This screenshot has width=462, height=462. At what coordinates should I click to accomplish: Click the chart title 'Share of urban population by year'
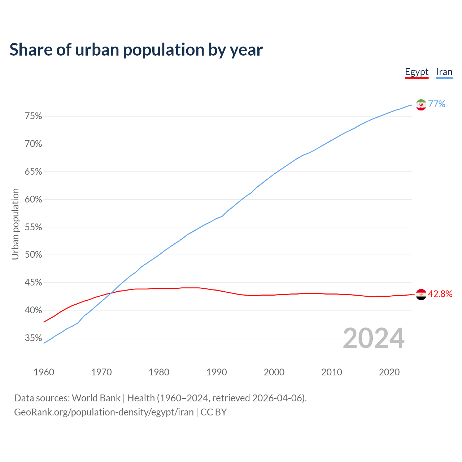point(136,50)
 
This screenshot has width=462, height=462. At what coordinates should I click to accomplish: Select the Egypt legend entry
point(417,72)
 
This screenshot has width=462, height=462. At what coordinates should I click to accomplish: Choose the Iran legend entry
point(444,72)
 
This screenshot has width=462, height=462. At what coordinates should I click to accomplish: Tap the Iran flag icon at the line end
point(421,105)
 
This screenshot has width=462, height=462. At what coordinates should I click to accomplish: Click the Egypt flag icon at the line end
point(421,295)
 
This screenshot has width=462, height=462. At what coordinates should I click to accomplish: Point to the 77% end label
point(437,104)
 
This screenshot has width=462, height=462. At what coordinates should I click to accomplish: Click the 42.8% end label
point(440,294)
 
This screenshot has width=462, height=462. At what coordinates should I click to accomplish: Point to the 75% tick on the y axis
point(33,116)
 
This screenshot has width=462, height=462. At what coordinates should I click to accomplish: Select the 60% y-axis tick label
point(33,200)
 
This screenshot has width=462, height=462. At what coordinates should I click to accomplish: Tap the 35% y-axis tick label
point(33,338)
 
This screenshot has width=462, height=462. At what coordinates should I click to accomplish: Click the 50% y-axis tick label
point(33,255)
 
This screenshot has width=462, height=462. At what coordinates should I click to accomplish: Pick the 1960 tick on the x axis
point(44,372)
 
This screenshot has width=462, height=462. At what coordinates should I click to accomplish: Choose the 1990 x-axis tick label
point(217,372)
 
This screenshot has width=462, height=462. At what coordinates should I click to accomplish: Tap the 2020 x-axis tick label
point(389,372)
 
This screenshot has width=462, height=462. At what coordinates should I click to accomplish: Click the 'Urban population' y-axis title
point(15,224)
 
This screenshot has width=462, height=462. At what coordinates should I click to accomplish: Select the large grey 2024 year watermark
point(374,338)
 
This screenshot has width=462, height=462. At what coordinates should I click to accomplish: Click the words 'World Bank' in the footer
point(96,398)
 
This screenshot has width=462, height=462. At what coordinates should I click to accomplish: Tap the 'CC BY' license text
point(214,412)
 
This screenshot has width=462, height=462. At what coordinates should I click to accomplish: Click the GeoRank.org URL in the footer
point(104,412)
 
